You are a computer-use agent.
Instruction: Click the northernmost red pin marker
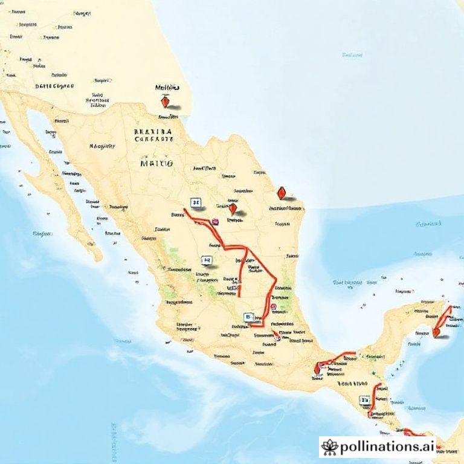[165, 103]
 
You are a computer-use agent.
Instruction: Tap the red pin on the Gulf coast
[281, 193]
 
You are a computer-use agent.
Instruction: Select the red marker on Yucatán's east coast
[436, 331]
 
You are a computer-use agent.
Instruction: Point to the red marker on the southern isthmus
[317, 369]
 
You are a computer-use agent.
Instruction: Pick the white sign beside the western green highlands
[207, 260]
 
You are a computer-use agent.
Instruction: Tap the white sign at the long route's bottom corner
[248, 317]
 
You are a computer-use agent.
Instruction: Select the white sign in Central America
[364, 399]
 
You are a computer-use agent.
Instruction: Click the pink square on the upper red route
[214, 222]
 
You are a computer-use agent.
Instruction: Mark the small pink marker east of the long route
[274, 307]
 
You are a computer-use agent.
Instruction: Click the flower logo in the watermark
[330, 447]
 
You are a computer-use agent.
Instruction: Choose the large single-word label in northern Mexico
[156, 163]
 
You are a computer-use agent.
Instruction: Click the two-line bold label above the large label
[153, 134]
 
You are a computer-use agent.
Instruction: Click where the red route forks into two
[245, 249]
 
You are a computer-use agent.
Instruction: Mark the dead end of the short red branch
[239, 296]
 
